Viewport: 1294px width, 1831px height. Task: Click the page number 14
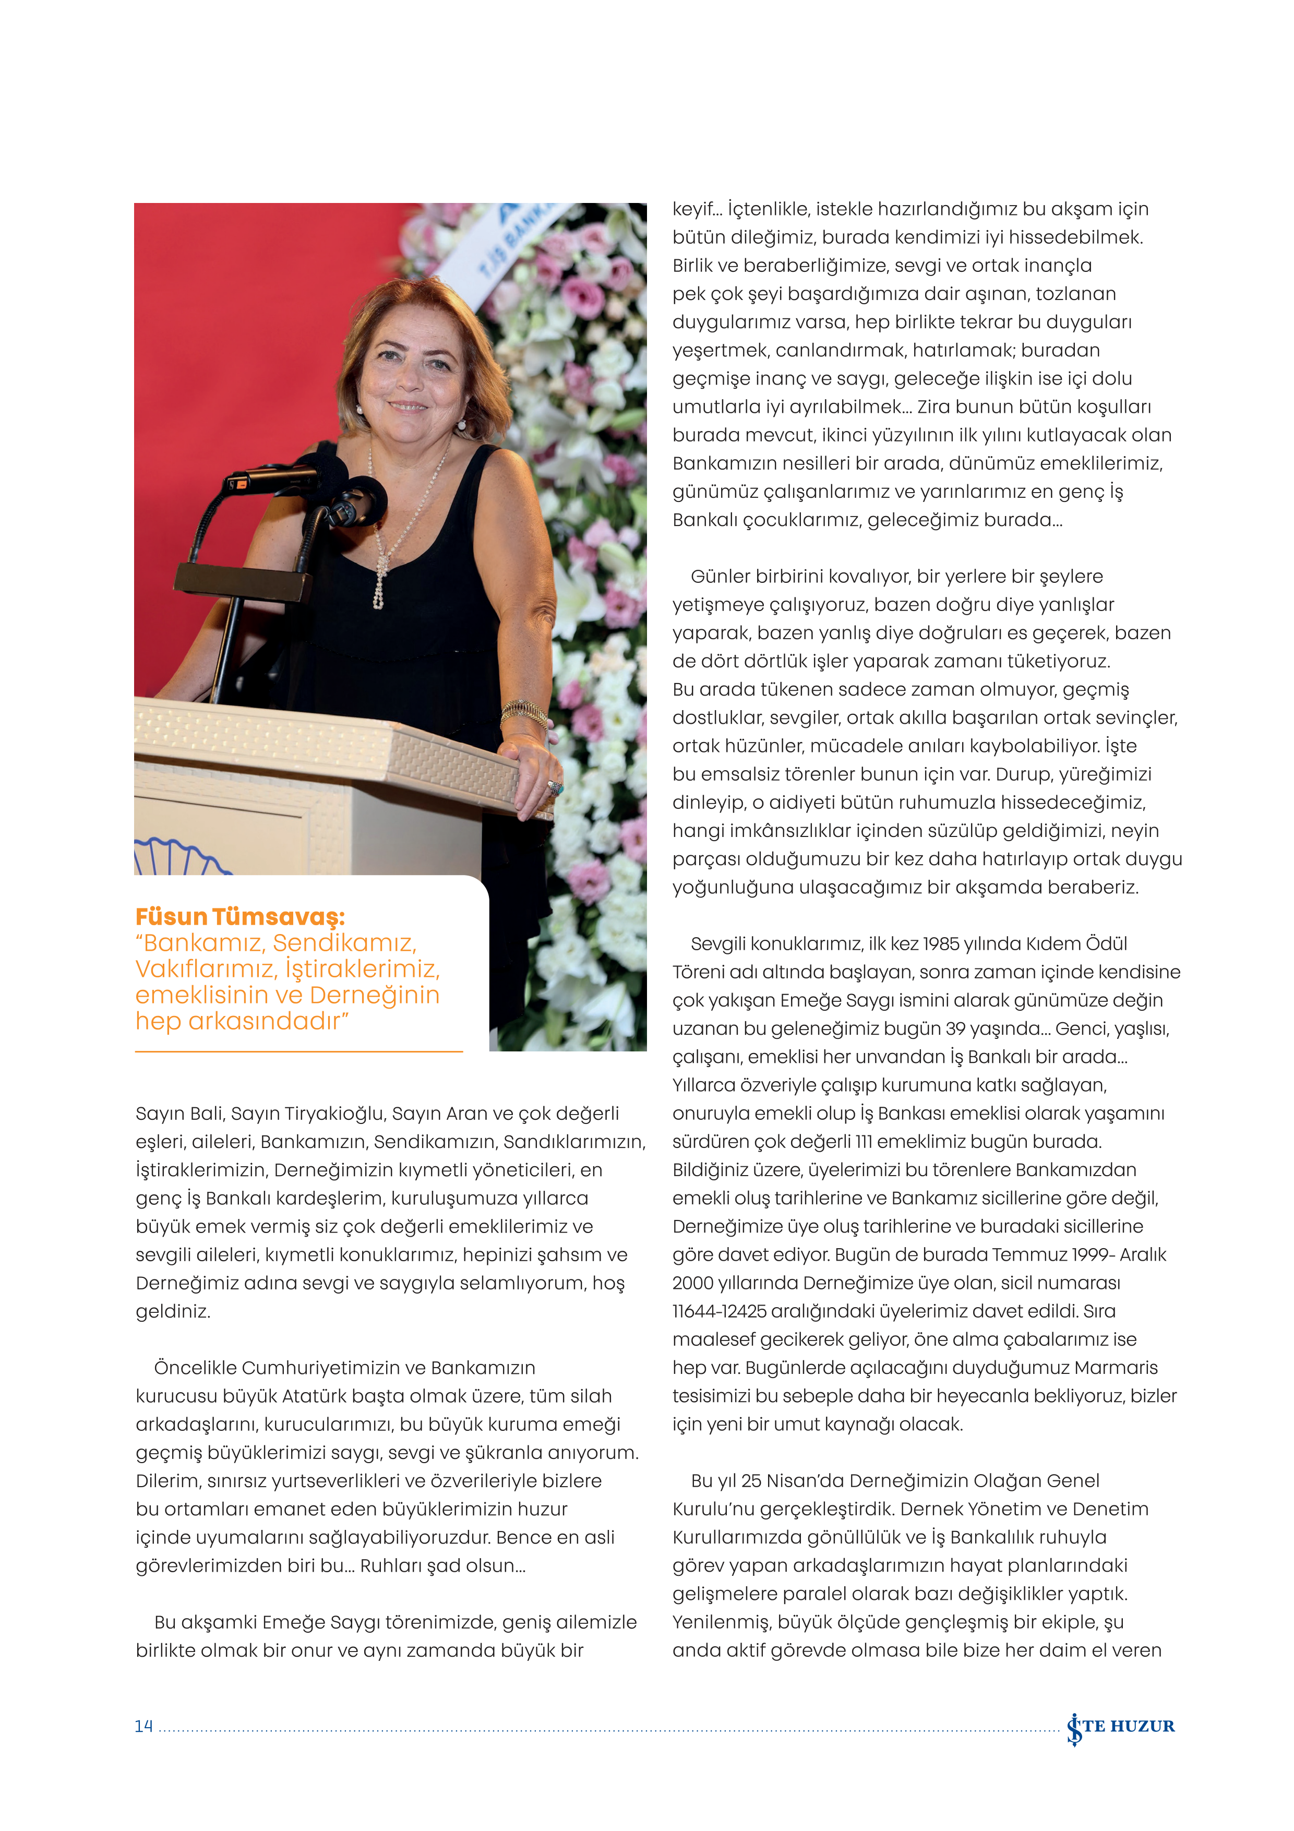click(143, 1726)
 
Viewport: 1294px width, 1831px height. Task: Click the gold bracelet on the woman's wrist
click(524, 711)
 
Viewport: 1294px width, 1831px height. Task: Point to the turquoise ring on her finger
click(555, 788)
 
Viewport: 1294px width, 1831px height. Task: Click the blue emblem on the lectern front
click(180, 857)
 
